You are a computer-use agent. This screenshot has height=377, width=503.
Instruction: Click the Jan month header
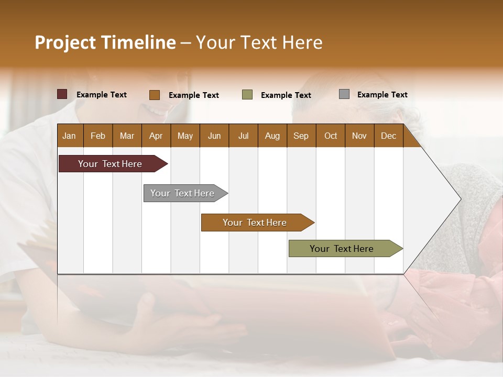pos(69,136)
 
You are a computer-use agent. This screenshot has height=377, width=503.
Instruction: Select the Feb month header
pos(98,136)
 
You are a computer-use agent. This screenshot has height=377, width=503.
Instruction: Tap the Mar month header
pos(127,136)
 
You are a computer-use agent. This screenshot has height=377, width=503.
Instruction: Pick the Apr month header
pos(156,136)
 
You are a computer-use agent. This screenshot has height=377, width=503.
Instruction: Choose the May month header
pos(185,136)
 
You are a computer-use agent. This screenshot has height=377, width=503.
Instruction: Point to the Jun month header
pos(214,136)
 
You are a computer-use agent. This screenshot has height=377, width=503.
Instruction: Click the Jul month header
pos(243,136)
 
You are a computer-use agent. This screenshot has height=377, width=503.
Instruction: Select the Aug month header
pos(272,136)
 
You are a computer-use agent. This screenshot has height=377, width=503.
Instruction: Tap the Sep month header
pos(301,136)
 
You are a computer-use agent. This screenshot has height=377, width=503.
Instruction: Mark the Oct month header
pos(331,136)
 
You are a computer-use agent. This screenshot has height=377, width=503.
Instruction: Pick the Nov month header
pos(359,136)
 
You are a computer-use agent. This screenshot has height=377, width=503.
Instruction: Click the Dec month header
pos(388,136)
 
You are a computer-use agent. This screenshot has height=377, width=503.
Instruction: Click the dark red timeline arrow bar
pos(111,164)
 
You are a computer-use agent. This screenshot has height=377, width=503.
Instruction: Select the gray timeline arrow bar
pos(183,193)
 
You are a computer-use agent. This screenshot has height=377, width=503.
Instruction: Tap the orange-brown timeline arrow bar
pos(255,223)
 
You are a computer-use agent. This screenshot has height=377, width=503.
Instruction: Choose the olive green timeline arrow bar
pos(342,249)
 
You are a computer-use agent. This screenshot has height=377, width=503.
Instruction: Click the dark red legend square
pos(62,94)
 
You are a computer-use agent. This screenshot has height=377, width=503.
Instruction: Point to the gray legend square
pos(344,94)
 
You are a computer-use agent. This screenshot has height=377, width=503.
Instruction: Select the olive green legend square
pos(247,95)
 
